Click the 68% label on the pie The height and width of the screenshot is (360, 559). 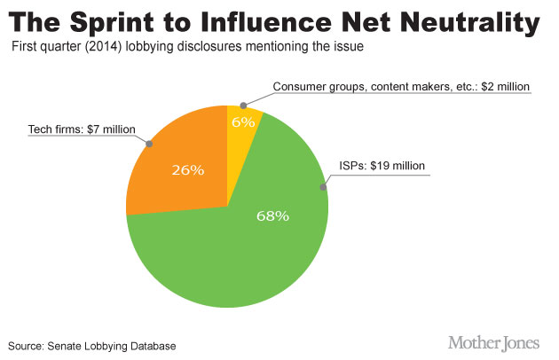click(x=272, y=216)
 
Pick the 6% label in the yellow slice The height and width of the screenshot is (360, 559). click(x=243, y=121)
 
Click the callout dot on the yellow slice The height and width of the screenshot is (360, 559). click(x=242, y=105)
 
